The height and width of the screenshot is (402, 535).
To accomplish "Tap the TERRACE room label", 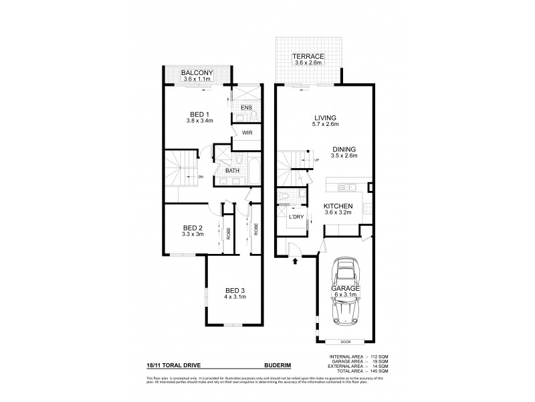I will click(x=308, y=56).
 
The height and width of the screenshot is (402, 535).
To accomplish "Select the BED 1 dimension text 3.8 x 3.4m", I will click(x=199, y=121).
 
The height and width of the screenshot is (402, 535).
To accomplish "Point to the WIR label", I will click(x=247, y=133).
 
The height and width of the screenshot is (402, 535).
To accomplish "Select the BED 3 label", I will click(x=235, y=289).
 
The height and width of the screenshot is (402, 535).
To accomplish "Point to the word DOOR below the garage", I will click(x=344, y=341).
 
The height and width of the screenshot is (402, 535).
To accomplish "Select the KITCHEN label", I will click(x=338, y=206).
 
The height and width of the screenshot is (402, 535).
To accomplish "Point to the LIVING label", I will click(x=326, y=117).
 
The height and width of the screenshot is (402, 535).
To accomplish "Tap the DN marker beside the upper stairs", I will click(x=200, y=176).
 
